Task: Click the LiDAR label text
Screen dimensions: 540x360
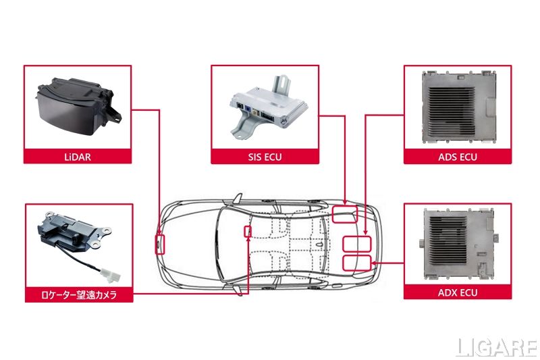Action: (x=78, y=157)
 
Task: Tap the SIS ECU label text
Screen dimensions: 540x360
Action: (x=265, y=157)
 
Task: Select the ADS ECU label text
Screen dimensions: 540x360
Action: (x=458, y=157)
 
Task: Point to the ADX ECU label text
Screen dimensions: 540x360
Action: (x=458, y=293)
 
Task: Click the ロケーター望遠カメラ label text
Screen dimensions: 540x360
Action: (x=79, y=295)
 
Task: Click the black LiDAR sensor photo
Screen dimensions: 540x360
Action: (x=78, y=106)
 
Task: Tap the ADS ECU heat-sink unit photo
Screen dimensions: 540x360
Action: (x=458, y=107)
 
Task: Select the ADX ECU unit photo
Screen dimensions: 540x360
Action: (x=458, y=244)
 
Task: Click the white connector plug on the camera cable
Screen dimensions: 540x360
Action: (x=111, y=276)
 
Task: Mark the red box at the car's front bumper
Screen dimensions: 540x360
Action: (x=160, y=245)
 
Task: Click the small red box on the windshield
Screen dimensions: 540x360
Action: (x=248, y=231)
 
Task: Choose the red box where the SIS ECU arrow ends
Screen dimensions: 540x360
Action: (x=345, y=214)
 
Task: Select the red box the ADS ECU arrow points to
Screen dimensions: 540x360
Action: (x=357, y=245)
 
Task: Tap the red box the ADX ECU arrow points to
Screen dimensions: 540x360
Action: (x=357, y=263)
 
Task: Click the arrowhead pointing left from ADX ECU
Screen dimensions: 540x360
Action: (x=374, y=263)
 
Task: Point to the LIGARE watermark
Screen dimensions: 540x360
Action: (x=496, y=347)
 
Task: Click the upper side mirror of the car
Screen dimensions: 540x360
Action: (x=238, y=199)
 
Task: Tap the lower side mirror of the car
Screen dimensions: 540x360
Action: (x=238, y=290)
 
